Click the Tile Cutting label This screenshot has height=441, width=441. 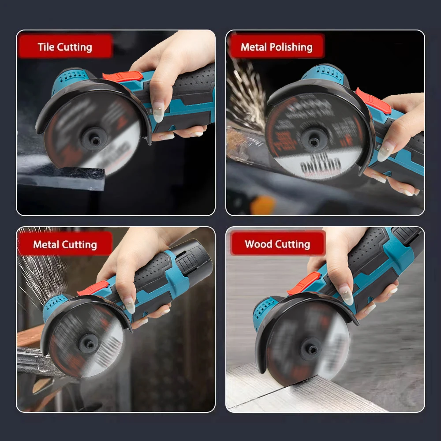65,47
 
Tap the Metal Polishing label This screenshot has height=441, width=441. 276,47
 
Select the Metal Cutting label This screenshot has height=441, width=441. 65,244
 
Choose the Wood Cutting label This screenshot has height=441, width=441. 277,244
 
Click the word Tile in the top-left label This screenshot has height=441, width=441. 45,47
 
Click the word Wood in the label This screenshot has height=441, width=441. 258,244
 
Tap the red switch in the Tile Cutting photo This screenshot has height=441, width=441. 123,76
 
